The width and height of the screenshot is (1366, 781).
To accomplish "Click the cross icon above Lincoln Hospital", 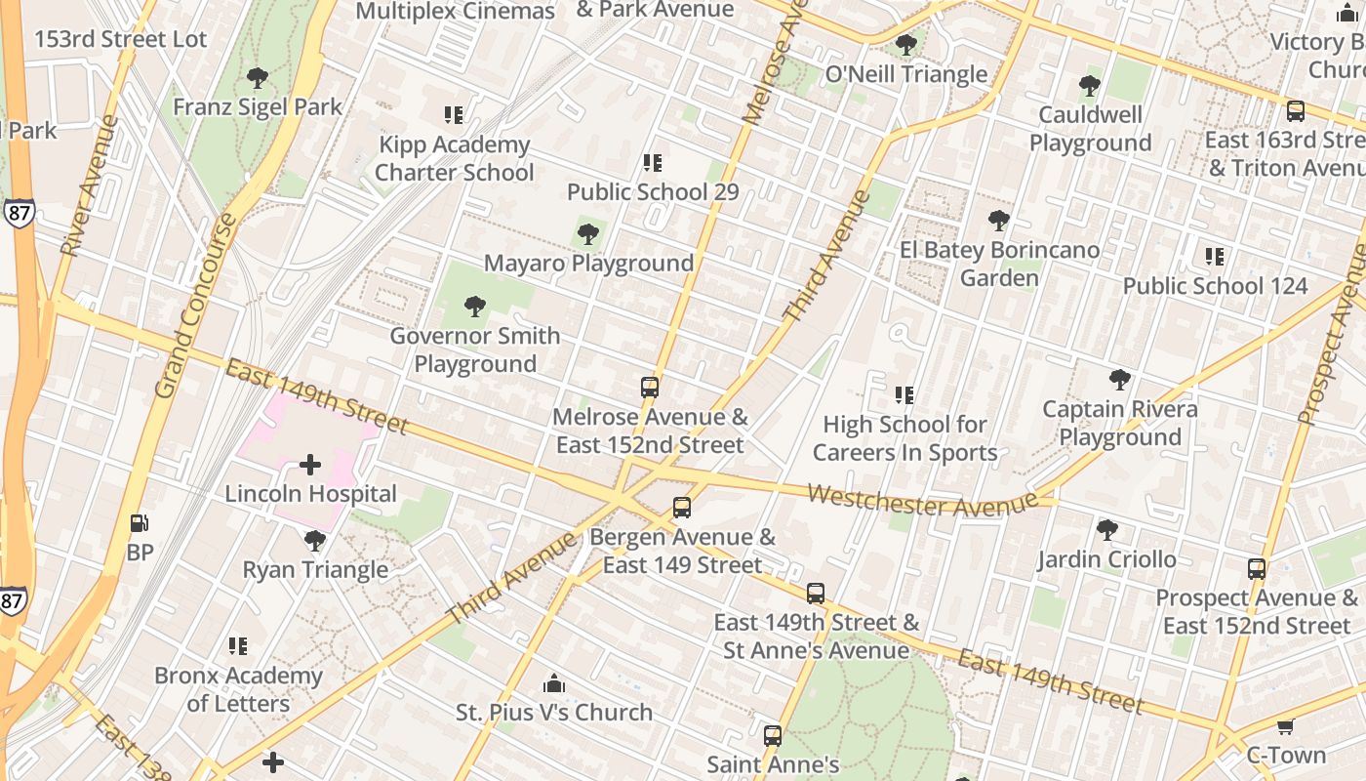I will tap(310, 465).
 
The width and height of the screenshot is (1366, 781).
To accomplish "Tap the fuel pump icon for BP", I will tap(140, 523).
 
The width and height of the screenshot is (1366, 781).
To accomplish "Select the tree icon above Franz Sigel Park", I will tap(258, 78).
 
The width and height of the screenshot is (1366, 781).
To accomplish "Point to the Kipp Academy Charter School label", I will tap(454, 159).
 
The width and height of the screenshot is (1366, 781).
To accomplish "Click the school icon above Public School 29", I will tap(653, 163).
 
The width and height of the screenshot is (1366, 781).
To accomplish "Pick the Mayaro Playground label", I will tap(588, 264).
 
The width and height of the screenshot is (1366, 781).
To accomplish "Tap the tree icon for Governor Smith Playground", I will tap(475, 307).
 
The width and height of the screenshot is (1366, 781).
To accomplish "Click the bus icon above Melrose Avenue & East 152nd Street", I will tap(650, 388).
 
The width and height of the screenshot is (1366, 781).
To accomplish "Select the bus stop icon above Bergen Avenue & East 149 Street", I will tap(682, 508).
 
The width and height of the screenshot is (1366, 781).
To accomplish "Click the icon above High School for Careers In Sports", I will tap(904, 395).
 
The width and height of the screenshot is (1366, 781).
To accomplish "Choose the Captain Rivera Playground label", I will tap(1119, 423).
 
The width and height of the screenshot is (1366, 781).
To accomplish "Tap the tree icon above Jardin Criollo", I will tap(1106, 530).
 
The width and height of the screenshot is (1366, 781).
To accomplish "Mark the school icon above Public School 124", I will tap(1215, 257).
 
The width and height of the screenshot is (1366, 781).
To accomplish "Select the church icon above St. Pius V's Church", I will tap(554, 682).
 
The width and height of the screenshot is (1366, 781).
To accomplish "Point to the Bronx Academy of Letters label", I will tap(238, 689).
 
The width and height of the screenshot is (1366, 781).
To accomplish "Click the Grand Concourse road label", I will tap(196, 307).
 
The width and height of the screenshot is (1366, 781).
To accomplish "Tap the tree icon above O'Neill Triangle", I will tap(906, 45).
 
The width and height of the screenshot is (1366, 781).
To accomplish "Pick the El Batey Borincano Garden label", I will tap(999, 264).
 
